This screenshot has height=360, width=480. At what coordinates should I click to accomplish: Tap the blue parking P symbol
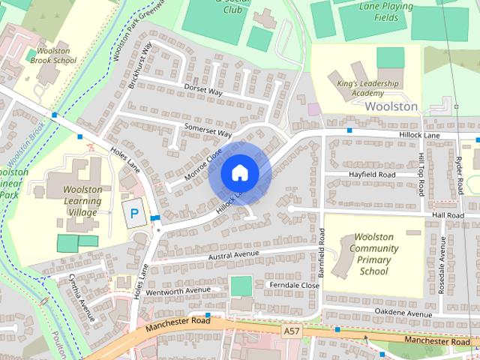(134, 213)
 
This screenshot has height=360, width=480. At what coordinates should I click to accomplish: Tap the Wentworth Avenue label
(178, 289)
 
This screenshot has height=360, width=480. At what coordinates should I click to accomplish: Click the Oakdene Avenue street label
(405, 313)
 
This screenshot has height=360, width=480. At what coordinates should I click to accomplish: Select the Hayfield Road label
(372, 174)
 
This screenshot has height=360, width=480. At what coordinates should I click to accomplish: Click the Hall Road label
(448, 214)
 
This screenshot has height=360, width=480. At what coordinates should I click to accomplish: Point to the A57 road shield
(292, 330)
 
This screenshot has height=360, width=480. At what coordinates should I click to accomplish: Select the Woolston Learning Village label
(82, 201)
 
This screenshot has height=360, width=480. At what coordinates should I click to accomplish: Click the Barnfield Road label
(322, 247)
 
